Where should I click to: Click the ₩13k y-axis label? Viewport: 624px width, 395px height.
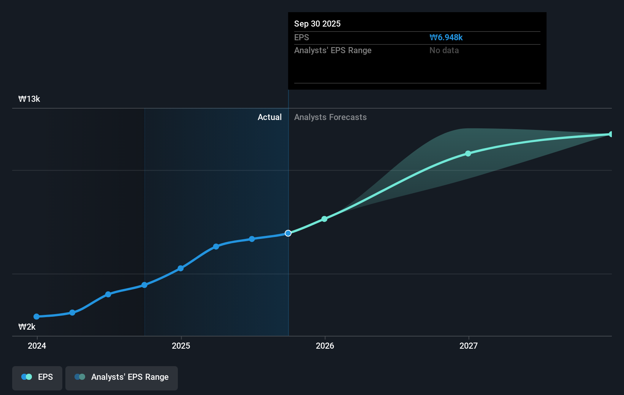(29, 99)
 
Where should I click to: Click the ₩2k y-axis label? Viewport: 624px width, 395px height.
(27, 327)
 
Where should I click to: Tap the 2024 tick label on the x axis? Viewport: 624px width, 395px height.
(37, 346)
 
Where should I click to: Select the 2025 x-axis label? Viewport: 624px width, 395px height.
(181, 346)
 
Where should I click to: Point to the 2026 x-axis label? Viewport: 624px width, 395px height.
(325, 346)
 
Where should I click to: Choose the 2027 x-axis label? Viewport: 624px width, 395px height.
(469, 346)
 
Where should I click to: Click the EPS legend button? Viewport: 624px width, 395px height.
(37, 377)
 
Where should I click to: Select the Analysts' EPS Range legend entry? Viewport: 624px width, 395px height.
(122, 377)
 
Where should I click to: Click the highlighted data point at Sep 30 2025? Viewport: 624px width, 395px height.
(288, 233)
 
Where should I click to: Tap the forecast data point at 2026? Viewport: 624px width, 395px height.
(324, 219)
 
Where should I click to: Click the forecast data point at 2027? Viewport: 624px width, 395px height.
(468, 153)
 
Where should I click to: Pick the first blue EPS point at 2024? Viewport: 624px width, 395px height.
(36, 316)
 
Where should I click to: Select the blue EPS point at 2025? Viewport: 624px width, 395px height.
(181, 269)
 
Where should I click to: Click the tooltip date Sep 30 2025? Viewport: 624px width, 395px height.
(317, 24)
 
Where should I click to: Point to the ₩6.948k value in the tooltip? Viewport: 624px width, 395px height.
(446, 37)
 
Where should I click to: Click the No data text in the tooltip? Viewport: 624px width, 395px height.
(444, 50)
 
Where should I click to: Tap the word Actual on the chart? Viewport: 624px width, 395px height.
(269, 117)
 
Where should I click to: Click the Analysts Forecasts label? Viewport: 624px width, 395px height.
(330, 117)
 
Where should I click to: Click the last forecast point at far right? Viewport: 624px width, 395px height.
(611, 134)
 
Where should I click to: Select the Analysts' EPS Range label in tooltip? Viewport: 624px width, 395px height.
(333, 50)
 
